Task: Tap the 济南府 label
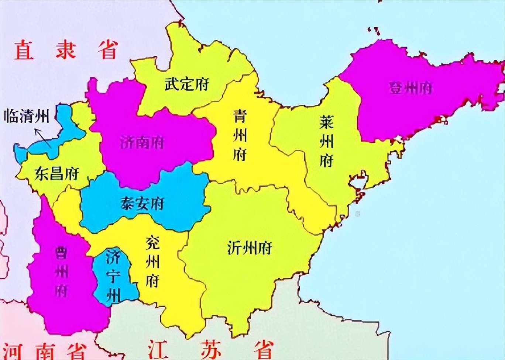(142, 143)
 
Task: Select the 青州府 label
(240, 135)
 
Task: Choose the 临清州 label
(27, 117)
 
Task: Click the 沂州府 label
(250, 248)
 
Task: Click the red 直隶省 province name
(66, 50)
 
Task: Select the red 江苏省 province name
(211, 349)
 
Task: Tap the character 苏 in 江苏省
(211, 349)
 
